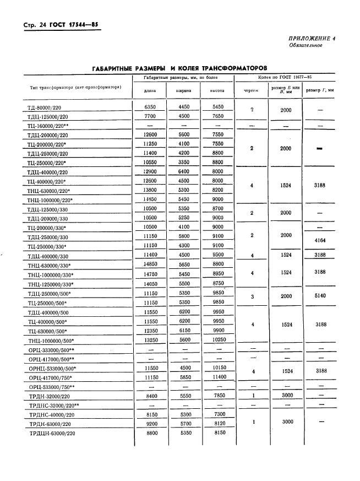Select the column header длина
[x=150, y=91]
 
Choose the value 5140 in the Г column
[x=320, y=296]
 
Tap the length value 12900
[x=151, y=172]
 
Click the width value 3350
[x=183, y=163]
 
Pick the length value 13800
[x=151, y=190]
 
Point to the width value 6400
[x=183, y=172]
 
